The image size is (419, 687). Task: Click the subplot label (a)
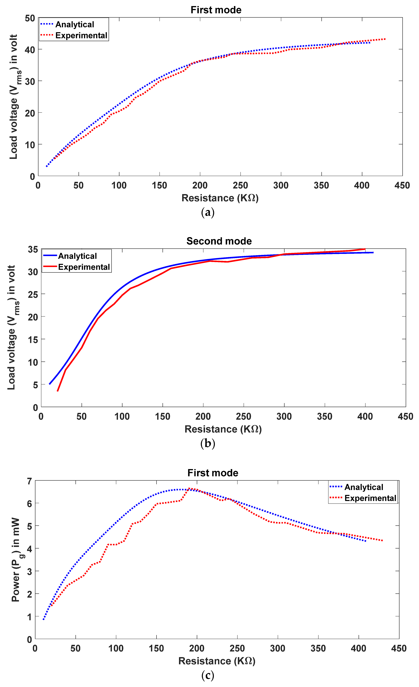tap(208, 212)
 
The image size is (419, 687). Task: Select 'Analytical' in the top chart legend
tap(75, 25)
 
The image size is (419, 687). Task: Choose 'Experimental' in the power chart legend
tap(370, 498)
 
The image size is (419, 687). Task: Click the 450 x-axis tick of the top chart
tap(402, 185)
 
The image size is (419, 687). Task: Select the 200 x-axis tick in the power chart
tap(197, 648)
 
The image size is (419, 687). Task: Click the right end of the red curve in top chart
tap(385, 39)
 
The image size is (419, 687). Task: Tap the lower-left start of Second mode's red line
tap(58, 391)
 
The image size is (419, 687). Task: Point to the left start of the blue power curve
tap(43, 620)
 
